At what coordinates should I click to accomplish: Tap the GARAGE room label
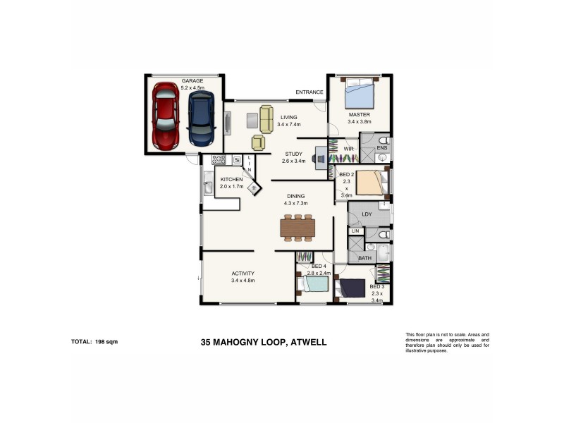(x=192, y=80)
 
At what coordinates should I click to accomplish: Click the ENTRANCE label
(x=309, y=92)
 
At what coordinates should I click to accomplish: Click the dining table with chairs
(x=298, y=228)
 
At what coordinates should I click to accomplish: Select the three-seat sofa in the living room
(x=266, y=118)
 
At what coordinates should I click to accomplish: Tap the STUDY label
(x=293, y=154)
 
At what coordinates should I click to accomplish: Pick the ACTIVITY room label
(x=242, y=274)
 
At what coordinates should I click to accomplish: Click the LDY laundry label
(x=366, y=214)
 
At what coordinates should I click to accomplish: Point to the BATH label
(x=364, y=258)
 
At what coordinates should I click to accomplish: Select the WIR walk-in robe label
(x=348, y=149)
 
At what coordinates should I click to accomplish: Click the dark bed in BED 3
(x=352, y=288)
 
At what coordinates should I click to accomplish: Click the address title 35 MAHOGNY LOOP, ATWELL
(x=263, y=343)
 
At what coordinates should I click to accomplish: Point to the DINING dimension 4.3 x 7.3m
(x=298, y=204)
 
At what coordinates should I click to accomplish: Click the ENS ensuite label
(x=381, y=149)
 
